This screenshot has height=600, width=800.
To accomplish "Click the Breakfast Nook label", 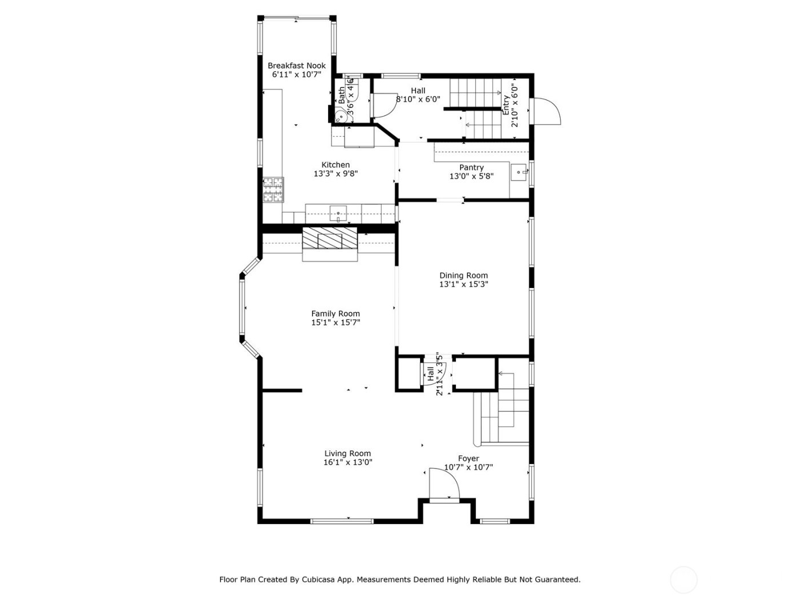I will pos(297,66).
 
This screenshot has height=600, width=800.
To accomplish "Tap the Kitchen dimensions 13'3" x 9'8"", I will pos(335,174).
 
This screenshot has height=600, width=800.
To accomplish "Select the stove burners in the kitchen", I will pos(273,190).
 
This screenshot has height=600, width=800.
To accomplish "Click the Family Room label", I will pos(335,313).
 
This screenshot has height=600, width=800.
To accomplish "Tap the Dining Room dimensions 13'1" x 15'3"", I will pos(463,284).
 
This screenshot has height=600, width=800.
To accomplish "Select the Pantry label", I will pos(471,167).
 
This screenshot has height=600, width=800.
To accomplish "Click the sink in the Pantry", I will pos(519,171).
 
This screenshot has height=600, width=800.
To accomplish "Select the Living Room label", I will pos(347,454).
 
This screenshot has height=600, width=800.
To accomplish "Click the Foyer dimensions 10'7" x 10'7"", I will pos(469,467).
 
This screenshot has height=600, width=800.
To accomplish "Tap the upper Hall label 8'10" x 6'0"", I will pos(418,95).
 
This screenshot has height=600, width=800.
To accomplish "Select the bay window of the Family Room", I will pos(243,309).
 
